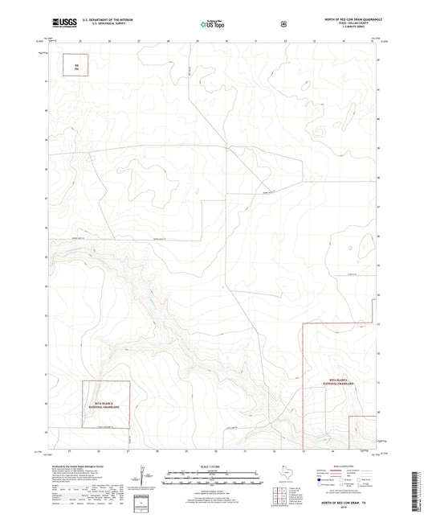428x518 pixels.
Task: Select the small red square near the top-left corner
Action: pyautogui.click(x=78, y=67)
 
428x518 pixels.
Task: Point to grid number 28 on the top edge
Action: pyautogui.click(x=168, y=39)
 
